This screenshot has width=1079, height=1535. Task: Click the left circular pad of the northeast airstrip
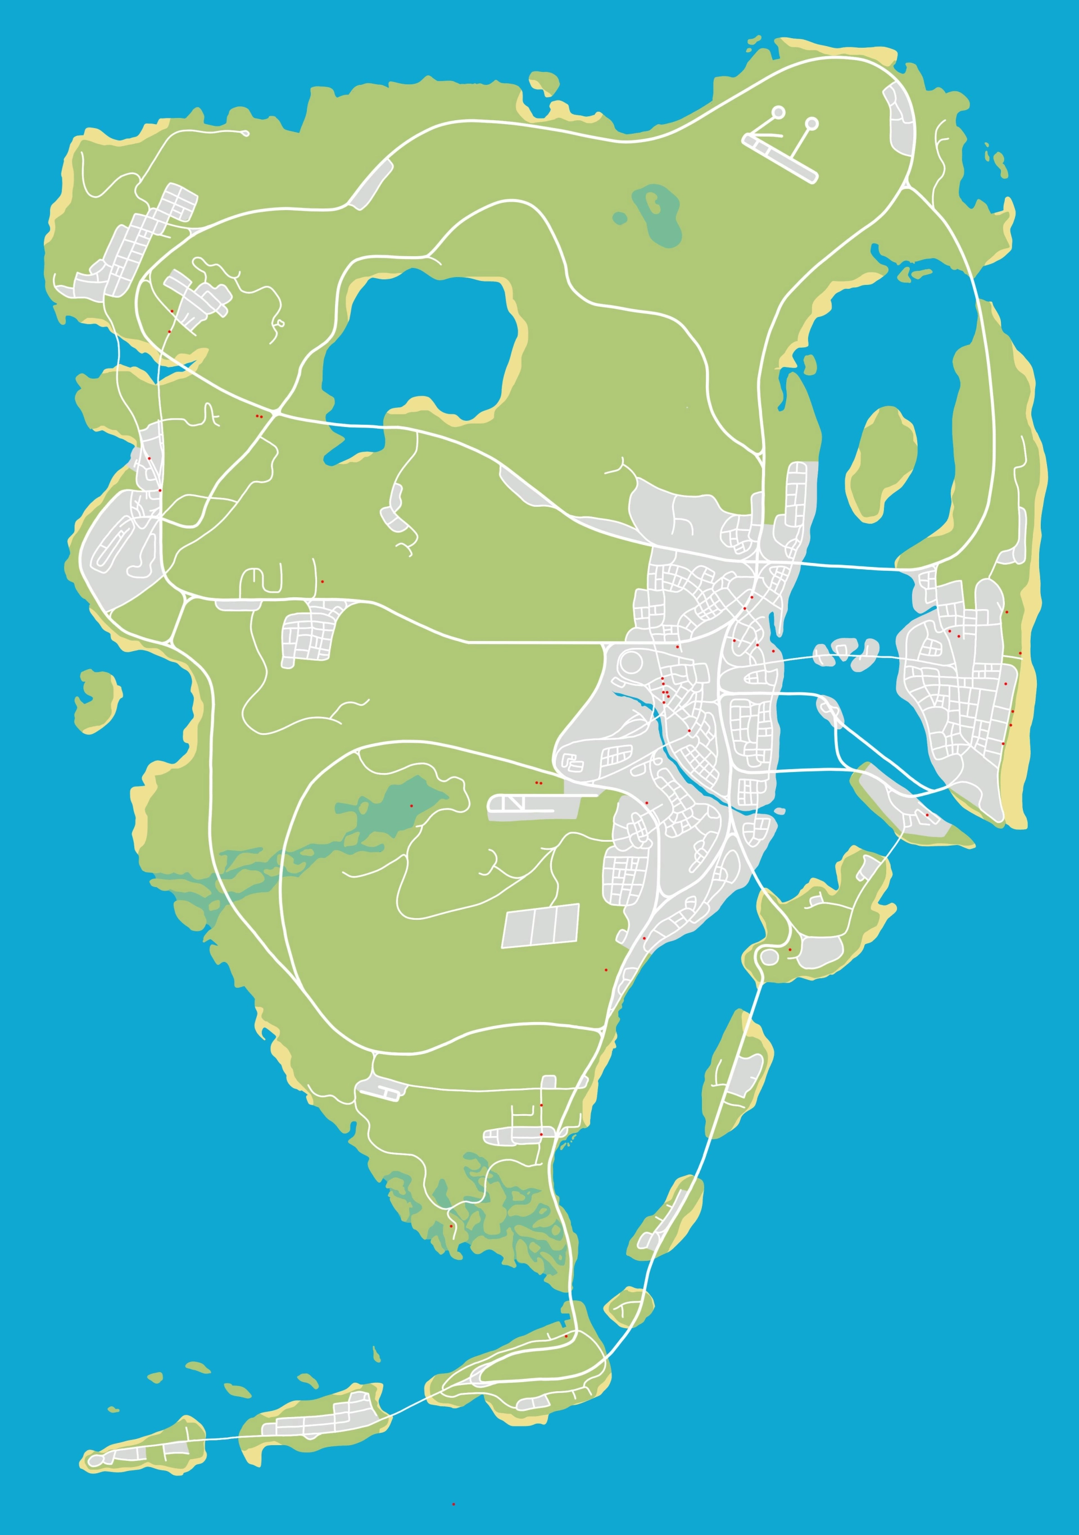[x=779, y=112]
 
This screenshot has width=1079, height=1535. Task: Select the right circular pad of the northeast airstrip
[x=812, y=124]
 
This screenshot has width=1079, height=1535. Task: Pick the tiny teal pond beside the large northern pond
[x=620, y=218]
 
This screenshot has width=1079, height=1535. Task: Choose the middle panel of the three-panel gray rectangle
[x=541, y=926]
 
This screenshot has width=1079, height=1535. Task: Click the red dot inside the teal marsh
[x=411, y=806]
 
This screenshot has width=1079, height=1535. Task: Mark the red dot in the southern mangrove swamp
[x=451, y=1226]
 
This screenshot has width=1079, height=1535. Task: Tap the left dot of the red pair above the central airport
[x=537, y=782]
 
